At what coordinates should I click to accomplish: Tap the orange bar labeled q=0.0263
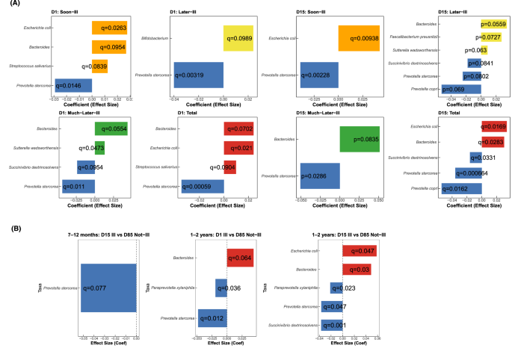[111, 28]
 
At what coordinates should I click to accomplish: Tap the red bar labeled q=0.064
[239, 259]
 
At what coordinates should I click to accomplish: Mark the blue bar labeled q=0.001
[332, 325]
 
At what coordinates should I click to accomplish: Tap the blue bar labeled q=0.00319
[198, 75]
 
